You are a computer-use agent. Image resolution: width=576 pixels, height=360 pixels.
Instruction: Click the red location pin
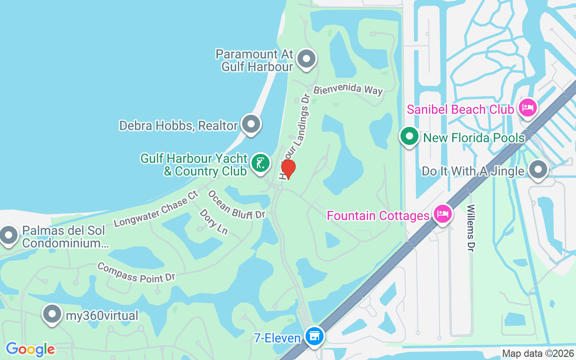[x=288, y=168]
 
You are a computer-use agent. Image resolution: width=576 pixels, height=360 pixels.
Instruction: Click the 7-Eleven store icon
[x=314, y=336]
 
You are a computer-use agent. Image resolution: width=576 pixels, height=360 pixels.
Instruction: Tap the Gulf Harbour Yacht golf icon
[x=260, y=163]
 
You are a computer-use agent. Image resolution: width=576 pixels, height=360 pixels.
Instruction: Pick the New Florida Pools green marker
[x=409, y=136]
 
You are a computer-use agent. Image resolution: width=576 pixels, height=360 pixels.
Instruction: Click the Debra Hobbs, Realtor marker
[x=251, y=124]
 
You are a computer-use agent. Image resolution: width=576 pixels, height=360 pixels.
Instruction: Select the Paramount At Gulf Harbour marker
[x=307, y=59]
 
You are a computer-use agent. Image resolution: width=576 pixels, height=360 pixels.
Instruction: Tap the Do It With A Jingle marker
[x=538, y=170]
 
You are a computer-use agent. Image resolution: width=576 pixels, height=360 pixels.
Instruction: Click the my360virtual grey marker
[x=52, y=314]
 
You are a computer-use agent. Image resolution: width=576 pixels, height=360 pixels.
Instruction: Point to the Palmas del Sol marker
[x=9, y=235]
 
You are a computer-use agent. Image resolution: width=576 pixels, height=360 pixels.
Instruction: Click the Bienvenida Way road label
[x=348, y=90]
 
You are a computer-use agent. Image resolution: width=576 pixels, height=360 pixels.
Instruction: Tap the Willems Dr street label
[x=471, y=228]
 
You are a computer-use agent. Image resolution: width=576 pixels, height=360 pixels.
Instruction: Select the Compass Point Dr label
[x=136, y=273]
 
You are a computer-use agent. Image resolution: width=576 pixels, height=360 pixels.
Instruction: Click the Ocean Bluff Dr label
[x=236, y=205]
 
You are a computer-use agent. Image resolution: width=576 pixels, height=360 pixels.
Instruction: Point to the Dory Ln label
[x=213, y=221]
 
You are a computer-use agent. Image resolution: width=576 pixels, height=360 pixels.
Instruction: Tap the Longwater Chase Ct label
[x=156, y=209]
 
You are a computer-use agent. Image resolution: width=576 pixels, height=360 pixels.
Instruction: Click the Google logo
[x=30, y=349]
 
